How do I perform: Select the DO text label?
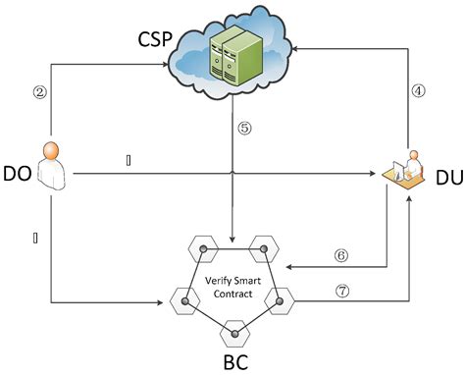click(x=17, y=174)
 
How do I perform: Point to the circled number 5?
click(x=245, y=127)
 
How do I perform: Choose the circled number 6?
click(x=340, y=253)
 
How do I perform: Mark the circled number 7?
click(x=340, y=292)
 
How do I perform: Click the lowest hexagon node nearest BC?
click(x=233, y=333)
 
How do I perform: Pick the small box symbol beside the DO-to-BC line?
click(x=36, y=236)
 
